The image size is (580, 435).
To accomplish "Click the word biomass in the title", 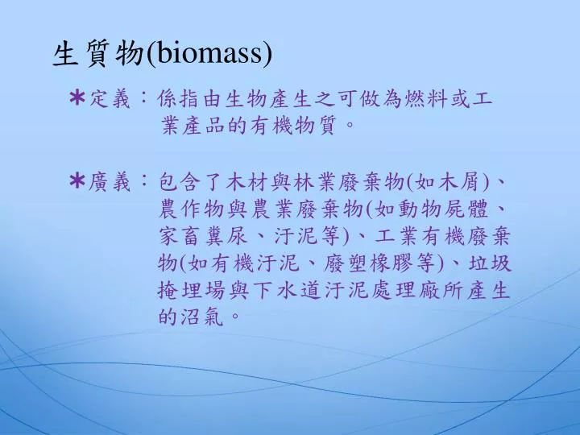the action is pyautogui.click(x=209, y=54).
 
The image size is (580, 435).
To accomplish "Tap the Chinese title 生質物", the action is pyautogui.click(x=98, y=55).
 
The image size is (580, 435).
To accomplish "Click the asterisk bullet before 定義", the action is pyautogui.click(x=77, y=98).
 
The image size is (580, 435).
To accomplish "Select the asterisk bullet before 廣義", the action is pyautogui.click(x=77, y=181).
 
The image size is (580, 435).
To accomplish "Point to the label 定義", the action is pyautogui.click(x=110, y=99).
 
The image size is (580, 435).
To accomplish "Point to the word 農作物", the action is pyautogui.click(x=191, y=209).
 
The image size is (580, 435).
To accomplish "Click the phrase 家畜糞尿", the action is pyautogui.click(x=202, y=236).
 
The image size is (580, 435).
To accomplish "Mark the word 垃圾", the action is pyautogui.click(x=490, y=263).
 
